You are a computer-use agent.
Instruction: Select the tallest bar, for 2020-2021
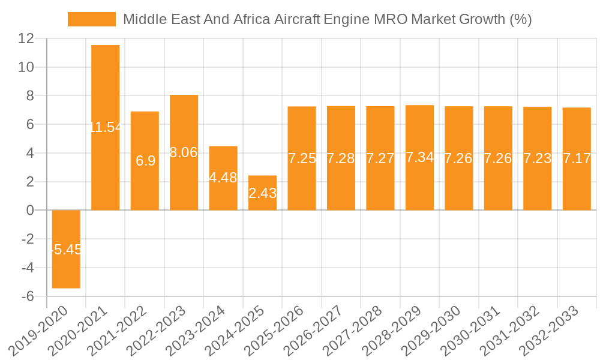(x=106, y=84)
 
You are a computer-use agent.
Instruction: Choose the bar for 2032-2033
(x=577, y=186)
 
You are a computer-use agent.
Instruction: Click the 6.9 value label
(x=145, y=161)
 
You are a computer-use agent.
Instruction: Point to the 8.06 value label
(x=184, y=152)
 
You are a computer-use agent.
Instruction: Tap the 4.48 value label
(x=223, y=178)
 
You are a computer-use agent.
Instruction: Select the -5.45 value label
(x=66, y=250)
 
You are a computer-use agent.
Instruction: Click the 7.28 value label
(x=341, y=159)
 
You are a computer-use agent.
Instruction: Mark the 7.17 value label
(x=577, y=159)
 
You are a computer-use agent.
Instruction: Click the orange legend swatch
(x=92, y=19)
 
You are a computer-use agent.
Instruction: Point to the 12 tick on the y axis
(x=26, y=38)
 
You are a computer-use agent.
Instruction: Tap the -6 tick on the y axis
(x=26, y=296)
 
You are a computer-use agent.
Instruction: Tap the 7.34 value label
(x=420, y=157)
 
